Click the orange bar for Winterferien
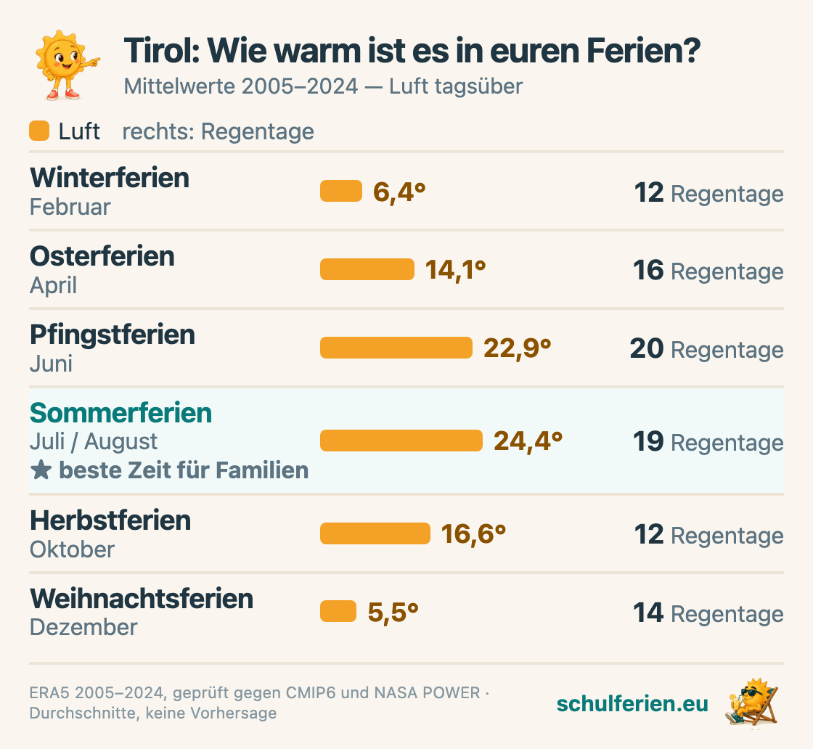tap(340, 191)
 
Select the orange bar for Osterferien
tap(367, 269)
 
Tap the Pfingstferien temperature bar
tap(396, 348)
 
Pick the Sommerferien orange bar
tap(401, 441)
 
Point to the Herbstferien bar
tap(375, 533)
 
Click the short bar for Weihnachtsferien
tap(338, 611)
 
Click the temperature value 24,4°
tap(528, 441)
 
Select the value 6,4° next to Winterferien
tap(399, 192)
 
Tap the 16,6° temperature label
tap(473, 534)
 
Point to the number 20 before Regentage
tap(647, 348)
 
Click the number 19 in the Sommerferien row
tap(648, 441)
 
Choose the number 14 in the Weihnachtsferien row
tap(648, 613)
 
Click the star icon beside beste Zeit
tap(41, 470)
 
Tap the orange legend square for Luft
tap(39, 131)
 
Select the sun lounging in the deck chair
tap(752, 703)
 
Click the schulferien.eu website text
tap(632, 703)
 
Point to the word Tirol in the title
tap(162, 51)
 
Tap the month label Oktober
tap(72, 549)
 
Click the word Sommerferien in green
tap(120, 413)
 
